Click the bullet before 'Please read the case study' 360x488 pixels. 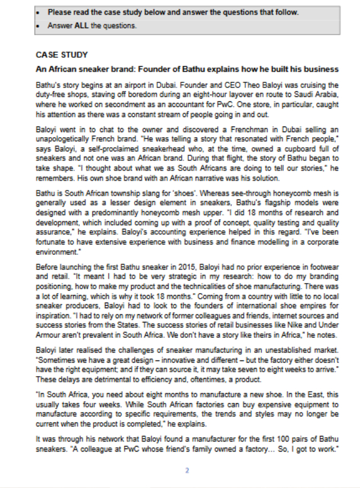[39, 13]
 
